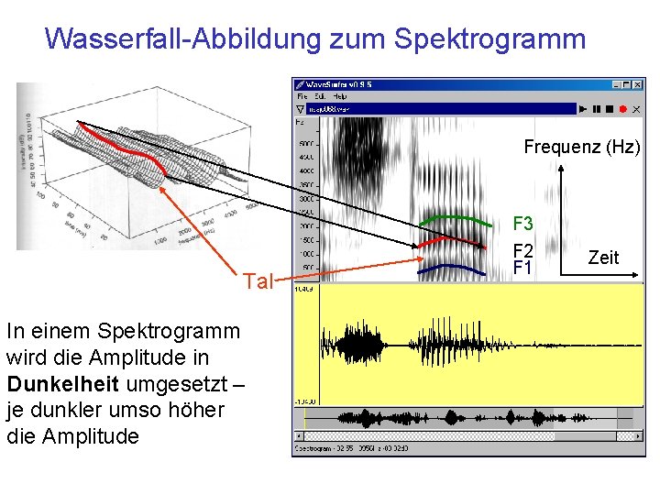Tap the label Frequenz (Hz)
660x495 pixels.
pyautogui.click(x=581, y=147)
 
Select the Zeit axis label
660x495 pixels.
pyautogui.click(x=603, y=258)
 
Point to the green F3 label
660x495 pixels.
pyautogui.click(x=522, y=224)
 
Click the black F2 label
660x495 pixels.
pyautogui.click(x=522, y=250)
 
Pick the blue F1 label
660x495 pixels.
pyautogui.click(x=522, y=268)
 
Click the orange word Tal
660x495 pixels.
pyautogui.click(x=258, y=281)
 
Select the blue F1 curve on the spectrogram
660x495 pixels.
pyautogui.click(x=449, y=266)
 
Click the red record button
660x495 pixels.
pyautogui.click(x=623, y=109)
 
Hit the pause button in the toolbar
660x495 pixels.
pyautogui.click(x=597, y=109)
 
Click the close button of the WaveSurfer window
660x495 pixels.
pyautogui.click(x=639, y=84)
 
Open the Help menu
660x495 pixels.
pyautogui.click(x=339, y=96)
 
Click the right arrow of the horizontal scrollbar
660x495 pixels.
pyautogui.click(x=640, y=435)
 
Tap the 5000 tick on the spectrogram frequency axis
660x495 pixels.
pyautogui.click(x=306, y=144)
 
